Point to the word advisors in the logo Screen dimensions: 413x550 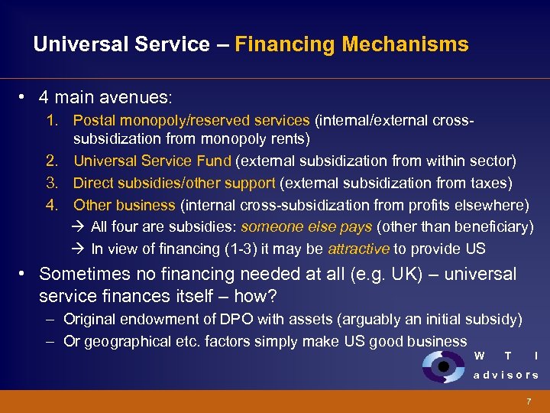coord(506,375)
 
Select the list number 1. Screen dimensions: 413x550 coord(51,120)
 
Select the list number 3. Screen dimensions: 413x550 coord(51,183)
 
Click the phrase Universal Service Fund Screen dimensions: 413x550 coord(152,161)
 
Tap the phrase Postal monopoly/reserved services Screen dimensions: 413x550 coord(191,120)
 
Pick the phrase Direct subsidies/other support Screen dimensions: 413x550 coord(174,183)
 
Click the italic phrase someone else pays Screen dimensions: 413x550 coord(306,226)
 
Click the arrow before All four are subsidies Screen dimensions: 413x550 coord(80,226)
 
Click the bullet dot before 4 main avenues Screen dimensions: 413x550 coord(24,98)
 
